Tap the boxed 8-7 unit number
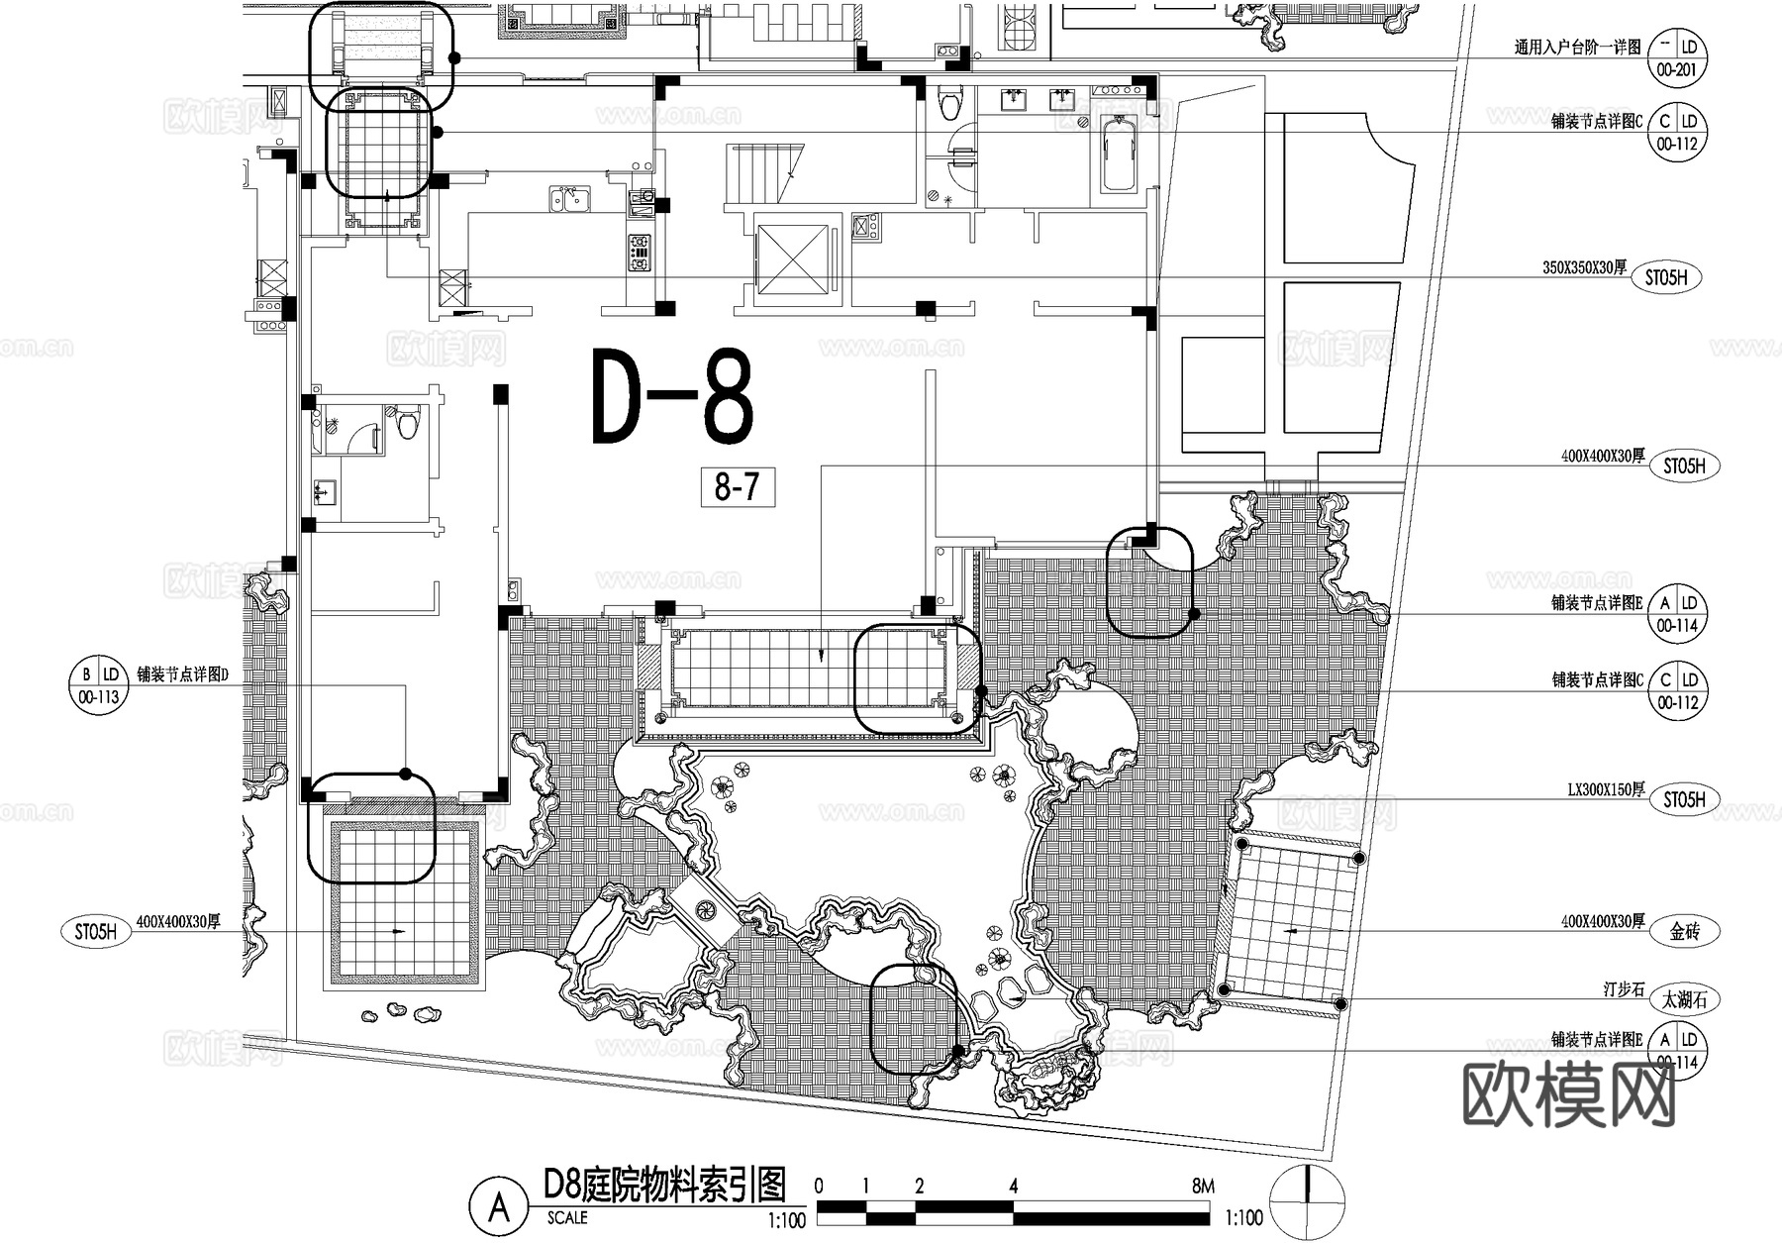point(738,487)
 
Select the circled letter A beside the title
point(500,1207)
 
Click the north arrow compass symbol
point(1308,1203)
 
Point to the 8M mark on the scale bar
point(1202,1186)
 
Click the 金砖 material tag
point(1684,931)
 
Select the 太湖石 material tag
point(1684,999)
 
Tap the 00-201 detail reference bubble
point(1676,58)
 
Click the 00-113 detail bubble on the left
point(97,685)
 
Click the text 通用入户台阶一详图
point(1576,47)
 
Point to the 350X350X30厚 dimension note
point(1583,267)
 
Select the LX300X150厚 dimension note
point(1605,789)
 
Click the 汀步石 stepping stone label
point(1623,989)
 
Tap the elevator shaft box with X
point(791,258)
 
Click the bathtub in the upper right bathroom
point(1120,155)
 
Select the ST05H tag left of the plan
point(96,932)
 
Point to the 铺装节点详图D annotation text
point(182,675)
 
